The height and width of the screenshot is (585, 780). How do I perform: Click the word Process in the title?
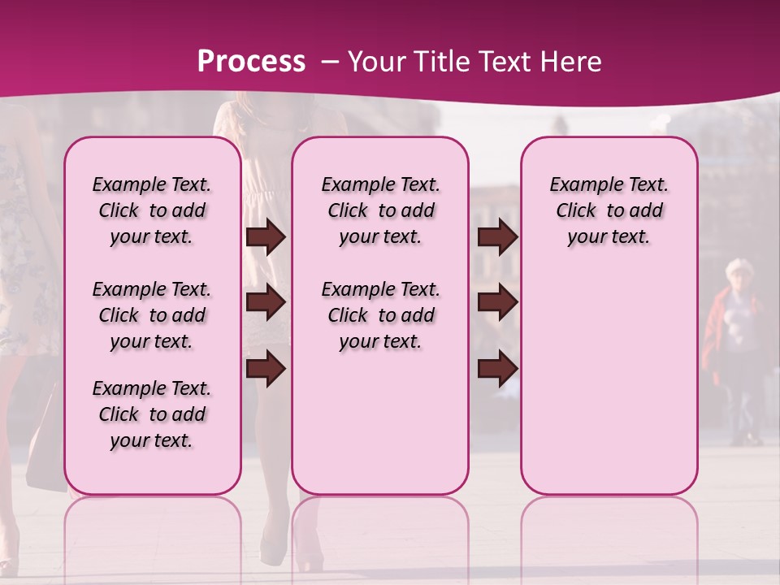coord(251,61)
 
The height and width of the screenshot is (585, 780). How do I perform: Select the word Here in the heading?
coord(571,61)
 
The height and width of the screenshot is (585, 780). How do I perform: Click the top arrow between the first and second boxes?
coord(266,237)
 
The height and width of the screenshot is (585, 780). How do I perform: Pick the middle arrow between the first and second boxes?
coord(266,303)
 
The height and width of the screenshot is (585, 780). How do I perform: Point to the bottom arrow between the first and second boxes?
coord(266,370)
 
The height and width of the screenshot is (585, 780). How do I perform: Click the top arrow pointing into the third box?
coord(497,237)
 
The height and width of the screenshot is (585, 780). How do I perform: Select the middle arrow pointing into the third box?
coord(497,303)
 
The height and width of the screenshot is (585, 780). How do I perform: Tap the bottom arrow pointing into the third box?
coord(497,370)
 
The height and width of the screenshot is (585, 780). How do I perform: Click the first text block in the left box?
coord(152,210)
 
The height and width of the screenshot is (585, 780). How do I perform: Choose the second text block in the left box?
coord(152,315)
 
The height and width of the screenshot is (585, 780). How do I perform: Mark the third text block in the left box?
coord(152,414)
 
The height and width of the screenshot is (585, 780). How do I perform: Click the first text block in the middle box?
coord(381,210)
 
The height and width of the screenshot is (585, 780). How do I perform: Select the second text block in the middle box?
coord(381,315)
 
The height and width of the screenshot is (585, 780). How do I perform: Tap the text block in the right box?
coord(609,210)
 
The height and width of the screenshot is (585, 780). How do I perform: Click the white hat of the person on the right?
coord(739,267)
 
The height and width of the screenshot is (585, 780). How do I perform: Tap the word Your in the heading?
coord(375,61)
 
